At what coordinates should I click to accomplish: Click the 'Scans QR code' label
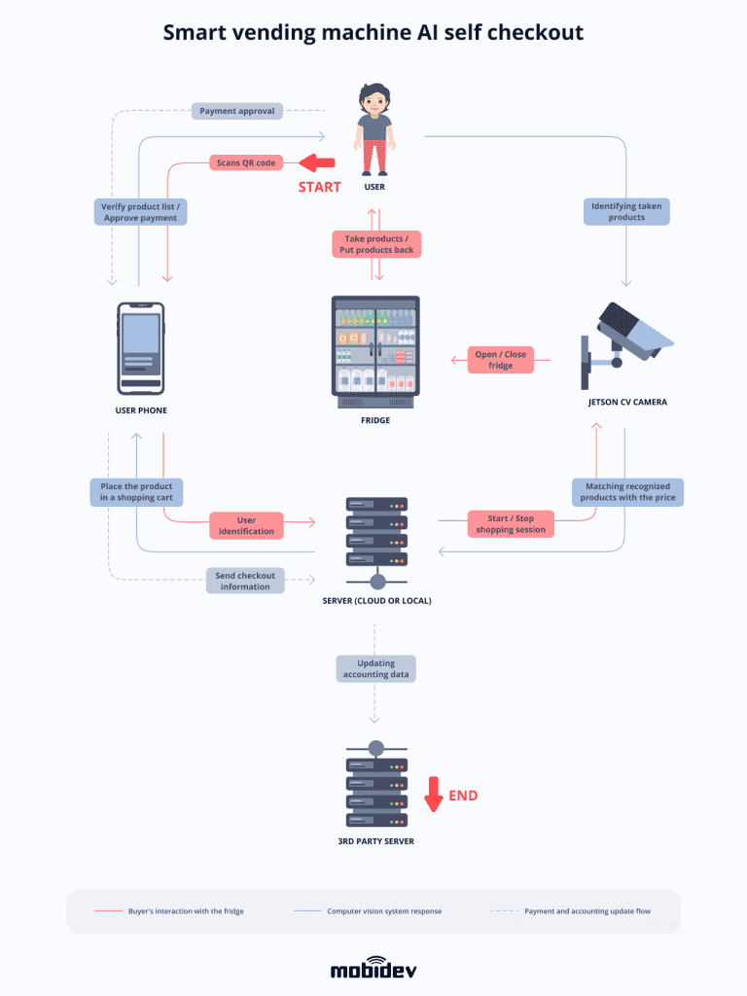tap(245, 162)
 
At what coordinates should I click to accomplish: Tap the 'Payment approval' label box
tap(237, 111)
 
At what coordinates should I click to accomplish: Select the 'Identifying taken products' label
tap(626, 211)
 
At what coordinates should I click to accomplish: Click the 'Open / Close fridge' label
tap(500, 360)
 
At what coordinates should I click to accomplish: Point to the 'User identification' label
tap(246, 526)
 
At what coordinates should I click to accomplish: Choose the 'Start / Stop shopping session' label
tap(511, 524)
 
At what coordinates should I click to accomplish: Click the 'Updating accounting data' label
tap(375, 668)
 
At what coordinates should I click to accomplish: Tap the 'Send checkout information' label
tap(245, 581)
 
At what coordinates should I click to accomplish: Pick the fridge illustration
tap(375, 351)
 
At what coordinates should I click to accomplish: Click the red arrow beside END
tap(434, 794)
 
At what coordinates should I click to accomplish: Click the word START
tap(319, 187)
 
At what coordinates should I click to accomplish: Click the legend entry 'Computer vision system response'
tap(383, 911)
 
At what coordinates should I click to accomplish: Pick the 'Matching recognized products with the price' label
tap(627, 491)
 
